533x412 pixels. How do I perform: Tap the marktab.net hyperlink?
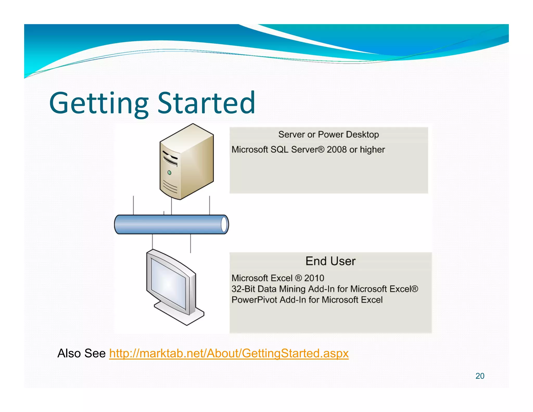(229, 353)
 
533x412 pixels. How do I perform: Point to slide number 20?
(480, 376)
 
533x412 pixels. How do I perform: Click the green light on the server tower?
(169, 172)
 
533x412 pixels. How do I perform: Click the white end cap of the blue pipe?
(224, 224)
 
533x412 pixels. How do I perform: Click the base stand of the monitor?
(180, 314)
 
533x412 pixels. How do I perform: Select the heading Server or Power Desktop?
(328, 134)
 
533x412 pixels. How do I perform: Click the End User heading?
(330, 261)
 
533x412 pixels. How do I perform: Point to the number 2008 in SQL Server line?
(337, 149)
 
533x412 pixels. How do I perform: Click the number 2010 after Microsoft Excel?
(314, 278)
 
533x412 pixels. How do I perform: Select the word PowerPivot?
(254, 300)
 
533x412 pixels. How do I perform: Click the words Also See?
(81, 353)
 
